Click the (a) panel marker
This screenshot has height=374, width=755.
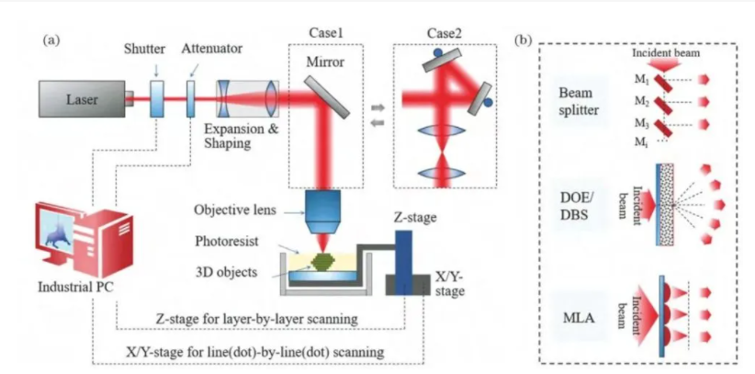[x=52, y=40]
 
